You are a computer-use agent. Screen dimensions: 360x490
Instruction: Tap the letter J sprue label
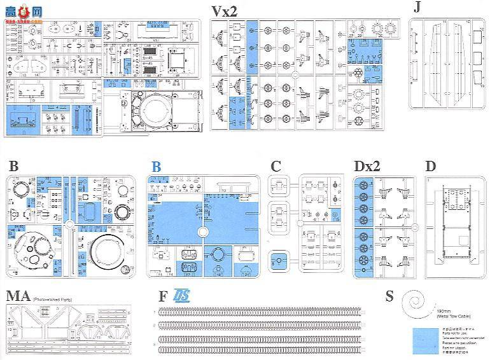point(417,7)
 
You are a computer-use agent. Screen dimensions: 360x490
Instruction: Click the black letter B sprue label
point(13,167)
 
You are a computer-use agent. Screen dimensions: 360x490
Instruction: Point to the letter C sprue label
point(276,167)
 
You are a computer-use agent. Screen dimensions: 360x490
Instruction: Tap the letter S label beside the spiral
point(389,297)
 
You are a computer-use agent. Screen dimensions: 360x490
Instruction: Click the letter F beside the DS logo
point(164,297)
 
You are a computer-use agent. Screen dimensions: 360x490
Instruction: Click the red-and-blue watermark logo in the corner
point(22,10)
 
